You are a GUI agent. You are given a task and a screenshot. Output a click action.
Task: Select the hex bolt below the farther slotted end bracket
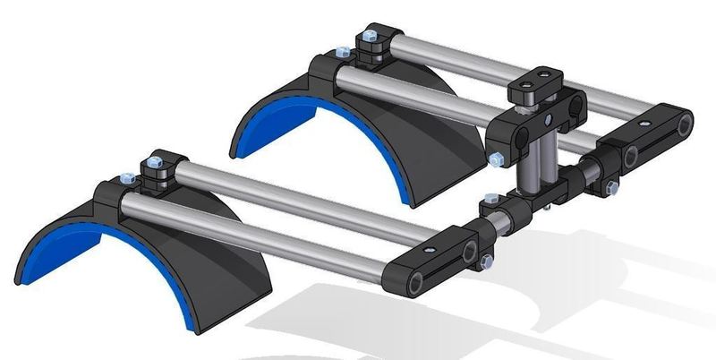pos(611,187)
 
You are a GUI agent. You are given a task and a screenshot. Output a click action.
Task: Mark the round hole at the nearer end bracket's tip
pos(417,285)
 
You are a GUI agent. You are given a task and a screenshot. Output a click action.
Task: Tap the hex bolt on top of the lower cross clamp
pos(488,198)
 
